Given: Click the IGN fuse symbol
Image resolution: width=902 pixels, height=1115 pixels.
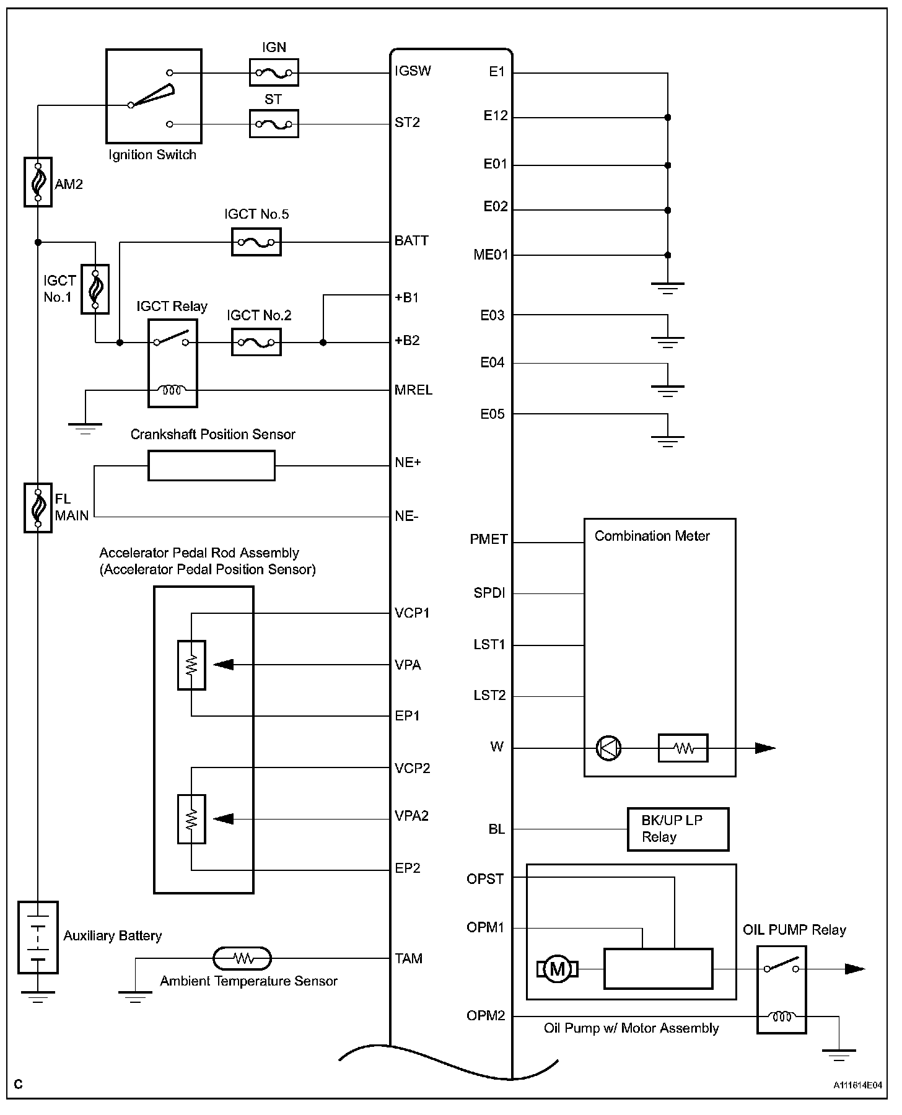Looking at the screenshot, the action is coord(273,72).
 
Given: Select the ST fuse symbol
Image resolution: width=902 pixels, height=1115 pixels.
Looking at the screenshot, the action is coord(273,124).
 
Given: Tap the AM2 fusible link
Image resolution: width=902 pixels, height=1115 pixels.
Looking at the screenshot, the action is coord(38,181).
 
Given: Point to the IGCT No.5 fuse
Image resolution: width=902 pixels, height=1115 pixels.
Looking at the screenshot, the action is coord(256,242).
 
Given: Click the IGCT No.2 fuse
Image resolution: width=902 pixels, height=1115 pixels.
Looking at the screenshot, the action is coord(256,342).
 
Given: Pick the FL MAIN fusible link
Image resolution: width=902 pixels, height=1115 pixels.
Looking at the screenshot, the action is coord(38,508).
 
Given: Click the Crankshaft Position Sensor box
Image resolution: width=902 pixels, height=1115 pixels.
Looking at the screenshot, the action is coord(211,465).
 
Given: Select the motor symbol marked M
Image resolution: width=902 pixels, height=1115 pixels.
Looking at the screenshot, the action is coord(558,969).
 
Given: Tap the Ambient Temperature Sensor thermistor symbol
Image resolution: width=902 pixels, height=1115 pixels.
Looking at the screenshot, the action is coord(242,958).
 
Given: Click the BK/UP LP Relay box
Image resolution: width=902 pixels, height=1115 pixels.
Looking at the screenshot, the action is coord(678,829).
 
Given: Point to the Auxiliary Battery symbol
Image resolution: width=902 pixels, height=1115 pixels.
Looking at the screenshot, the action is coord(38,937).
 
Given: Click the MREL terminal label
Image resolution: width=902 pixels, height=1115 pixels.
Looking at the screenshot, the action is coord(413,390).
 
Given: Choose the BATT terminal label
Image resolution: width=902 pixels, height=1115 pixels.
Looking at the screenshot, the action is coord(411,241).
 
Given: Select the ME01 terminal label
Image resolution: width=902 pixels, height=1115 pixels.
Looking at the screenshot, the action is coord(491,255).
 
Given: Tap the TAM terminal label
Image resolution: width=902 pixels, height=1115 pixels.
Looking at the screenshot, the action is coord(409,959).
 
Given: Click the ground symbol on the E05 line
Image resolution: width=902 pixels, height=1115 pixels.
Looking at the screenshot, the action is coord(667,441).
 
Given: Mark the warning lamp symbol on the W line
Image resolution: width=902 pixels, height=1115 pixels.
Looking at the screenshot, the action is coord(608,748).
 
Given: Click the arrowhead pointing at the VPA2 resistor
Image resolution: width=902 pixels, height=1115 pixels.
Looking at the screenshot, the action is coord(223,819).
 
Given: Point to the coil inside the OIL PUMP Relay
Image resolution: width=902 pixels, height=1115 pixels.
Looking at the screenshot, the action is coord(781,1017).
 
